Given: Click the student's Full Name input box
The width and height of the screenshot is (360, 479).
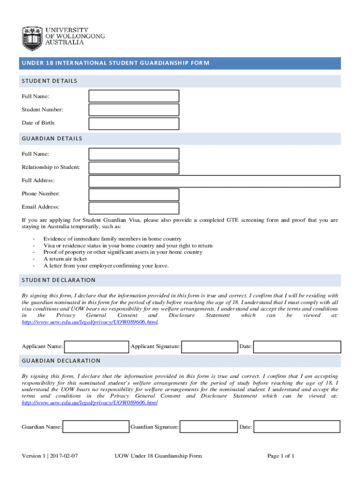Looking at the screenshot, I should point(134,96).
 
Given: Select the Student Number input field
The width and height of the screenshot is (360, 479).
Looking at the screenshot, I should point(134,109).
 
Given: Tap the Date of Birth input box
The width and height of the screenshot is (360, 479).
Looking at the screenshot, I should point(134,123).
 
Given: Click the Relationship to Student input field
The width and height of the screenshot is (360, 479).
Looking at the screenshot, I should point(134,167).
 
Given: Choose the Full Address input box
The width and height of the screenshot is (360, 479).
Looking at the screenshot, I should point(214,181).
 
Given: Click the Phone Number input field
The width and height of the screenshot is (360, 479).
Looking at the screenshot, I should point(134,195).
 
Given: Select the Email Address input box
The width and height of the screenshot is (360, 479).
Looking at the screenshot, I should point(134,208).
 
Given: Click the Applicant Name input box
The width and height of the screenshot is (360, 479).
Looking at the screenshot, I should point(96,347).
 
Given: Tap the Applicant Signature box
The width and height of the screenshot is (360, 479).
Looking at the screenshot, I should point(209,347).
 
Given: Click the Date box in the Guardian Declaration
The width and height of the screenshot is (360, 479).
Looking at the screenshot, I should point(297,427).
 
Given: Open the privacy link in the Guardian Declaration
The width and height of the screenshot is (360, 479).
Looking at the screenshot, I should point(90,403).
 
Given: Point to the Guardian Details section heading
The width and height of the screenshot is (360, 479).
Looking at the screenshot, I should point(52,138).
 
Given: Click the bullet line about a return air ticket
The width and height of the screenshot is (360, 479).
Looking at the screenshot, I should point(65,259).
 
